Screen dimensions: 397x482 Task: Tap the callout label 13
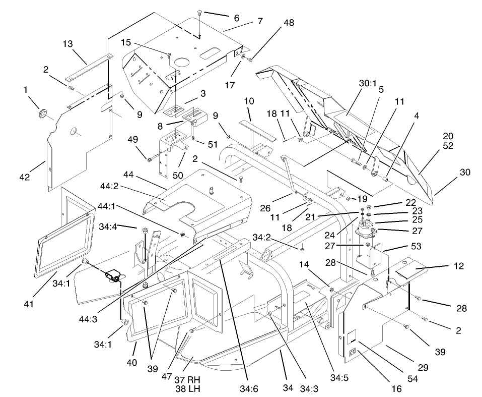click(68, 44)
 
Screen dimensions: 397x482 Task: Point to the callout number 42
click(25, 177)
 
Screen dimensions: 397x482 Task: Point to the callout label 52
click(448, 146)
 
